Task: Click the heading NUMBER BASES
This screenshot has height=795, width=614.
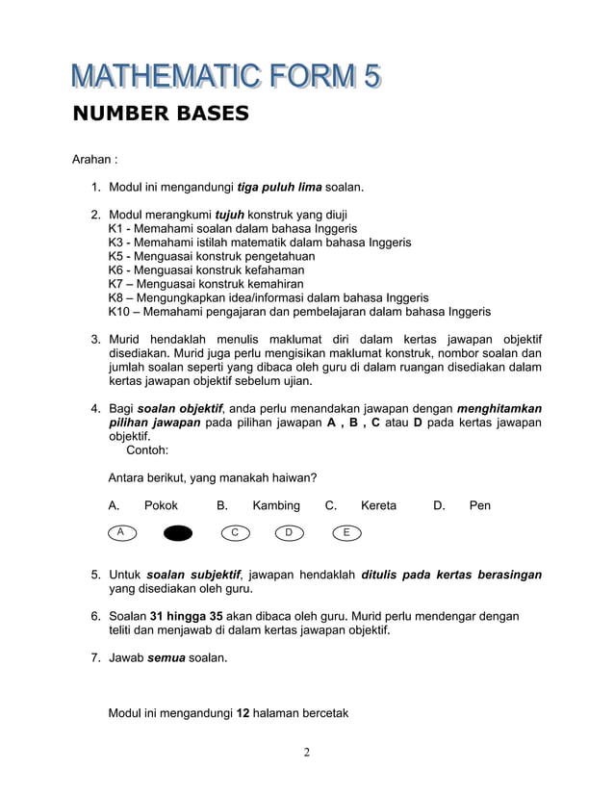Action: [161, 115]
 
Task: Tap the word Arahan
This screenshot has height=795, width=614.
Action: [94, 159]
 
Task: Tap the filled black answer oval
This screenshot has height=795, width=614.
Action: [177, 533]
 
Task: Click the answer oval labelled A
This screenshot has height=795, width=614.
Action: [121, 532]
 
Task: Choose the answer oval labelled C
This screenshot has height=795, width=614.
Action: [234, 532]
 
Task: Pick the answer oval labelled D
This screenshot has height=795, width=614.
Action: [290, 532]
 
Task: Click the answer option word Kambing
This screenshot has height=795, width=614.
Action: [276, 505]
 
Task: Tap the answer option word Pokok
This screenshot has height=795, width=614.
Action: [161, 505]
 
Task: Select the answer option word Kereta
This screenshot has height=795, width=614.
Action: [378, 505]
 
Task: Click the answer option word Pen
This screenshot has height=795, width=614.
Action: [479, 505]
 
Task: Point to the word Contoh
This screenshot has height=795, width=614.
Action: [147, 449]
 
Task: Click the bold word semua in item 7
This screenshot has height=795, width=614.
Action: [166, 658]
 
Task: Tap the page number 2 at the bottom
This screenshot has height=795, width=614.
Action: [306, 752]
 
